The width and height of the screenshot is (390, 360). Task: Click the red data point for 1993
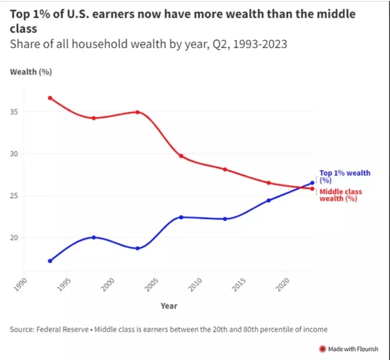(x=50, y=98)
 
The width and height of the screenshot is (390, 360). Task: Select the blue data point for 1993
(x=50, y=261)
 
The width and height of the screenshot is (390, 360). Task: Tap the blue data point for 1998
(x=94, y=238)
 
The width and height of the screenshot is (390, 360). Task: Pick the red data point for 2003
(x=137, y=112)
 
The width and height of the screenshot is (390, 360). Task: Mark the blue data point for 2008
(x=181, y=217)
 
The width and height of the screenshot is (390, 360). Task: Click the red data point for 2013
(x=225, y=169)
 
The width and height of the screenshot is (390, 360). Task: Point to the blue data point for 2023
(x=312, y=183)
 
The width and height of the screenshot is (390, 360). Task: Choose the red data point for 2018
(x=269, y=183)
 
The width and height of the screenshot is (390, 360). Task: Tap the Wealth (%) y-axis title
(x=31, y=72)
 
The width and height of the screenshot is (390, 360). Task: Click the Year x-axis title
(x=169, y=306)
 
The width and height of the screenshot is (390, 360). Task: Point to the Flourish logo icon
(x=322, y=349)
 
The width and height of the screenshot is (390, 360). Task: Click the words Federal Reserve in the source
(x=62, y=329)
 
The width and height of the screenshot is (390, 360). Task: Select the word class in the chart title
(x=23, y=29)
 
